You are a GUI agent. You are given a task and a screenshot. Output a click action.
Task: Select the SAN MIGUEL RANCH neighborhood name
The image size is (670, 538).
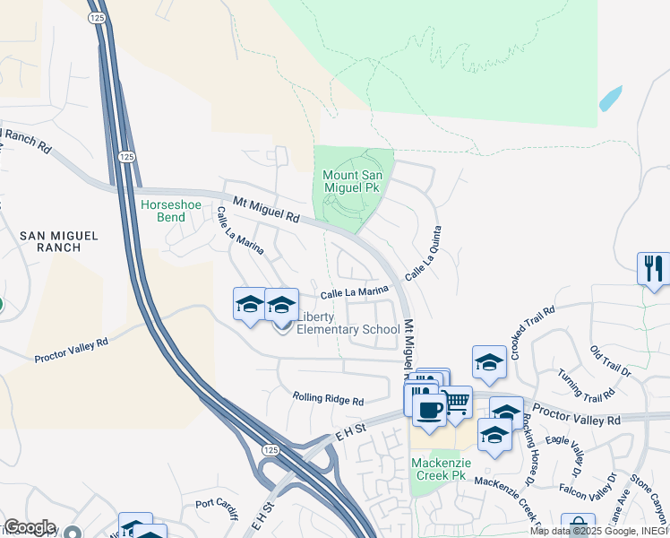59,241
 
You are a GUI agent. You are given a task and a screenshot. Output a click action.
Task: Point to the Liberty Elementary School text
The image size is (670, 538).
348,323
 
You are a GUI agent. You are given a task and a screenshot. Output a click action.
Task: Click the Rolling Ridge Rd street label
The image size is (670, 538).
329,399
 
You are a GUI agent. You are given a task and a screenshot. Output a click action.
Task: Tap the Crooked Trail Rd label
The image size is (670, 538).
533,334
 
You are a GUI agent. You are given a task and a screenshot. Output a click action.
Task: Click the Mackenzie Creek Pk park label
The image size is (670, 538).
441,469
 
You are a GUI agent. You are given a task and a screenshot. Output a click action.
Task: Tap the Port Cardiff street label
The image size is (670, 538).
218,508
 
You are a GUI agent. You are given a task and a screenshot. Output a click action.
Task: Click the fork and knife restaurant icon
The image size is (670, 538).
653,267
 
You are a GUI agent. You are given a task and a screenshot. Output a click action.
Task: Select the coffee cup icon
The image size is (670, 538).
429,409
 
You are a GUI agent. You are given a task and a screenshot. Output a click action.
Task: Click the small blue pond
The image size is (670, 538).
610,99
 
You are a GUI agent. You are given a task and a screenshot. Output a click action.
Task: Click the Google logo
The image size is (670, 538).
29,527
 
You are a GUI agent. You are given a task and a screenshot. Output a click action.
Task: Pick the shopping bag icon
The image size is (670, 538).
578,526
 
